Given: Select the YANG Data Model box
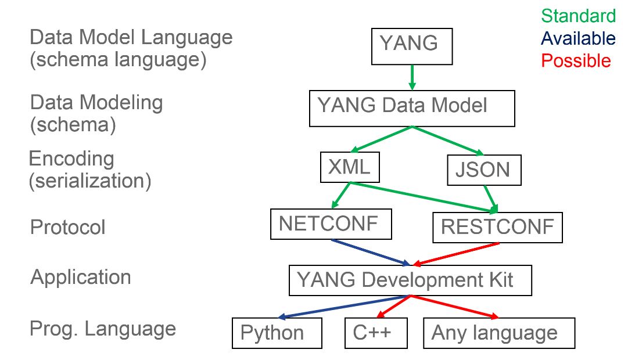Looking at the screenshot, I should pyautogui.click(x=412, y=108).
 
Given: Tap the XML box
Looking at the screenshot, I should pyautogui.click(x=349, y=167).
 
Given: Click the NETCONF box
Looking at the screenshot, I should pyautogui.click(x=330, y=224).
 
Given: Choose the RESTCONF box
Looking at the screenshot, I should pyautogui.click(x=497, y=227).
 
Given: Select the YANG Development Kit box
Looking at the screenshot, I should pyautogui.click(x=410, y=280).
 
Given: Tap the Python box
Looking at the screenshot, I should pyautogui.click(x=277, y=333).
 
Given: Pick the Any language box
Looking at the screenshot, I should pyautogui.click(x=498, y=333).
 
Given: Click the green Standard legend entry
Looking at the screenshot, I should pyautogui.click(x=578, y=16).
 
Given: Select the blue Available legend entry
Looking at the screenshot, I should pyautogui.click(x=578, y=38).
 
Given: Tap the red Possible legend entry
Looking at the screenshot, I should pyautogui.click(x=576, y=60).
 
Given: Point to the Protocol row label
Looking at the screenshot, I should pyautogui.click(x=67, y=227).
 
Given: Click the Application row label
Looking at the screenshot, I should pyautogui.click(x=80, y=277).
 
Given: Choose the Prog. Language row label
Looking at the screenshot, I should pyautogui.click(x=102, y=329).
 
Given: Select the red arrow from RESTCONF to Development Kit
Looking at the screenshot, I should pyautogui.click(x=456, y=254).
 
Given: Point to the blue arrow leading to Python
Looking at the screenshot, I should pyautogui.click(x=343, y=307).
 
